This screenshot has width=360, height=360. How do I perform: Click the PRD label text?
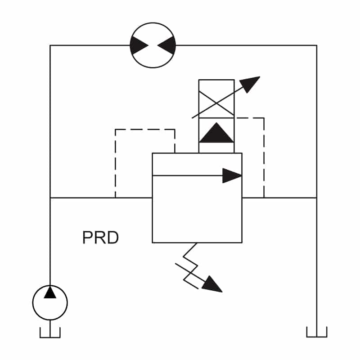point(100,238)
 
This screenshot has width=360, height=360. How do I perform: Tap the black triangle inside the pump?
point(50,292)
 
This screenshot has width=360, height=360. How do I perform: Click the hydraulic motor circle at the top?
point(153,23)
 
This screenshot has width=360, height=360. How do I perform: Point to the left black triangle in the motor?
point(139,45)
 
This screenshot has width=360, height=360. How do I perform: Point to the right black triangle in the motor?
point(166,45)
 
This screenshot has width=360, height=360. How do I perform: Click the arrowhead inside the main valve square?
point(232,175)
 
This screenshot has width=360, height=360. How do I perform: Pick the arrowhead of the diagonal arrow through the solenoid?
point(250,84)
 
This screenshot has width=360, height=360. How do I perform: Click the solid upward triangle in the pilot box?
point(216,132)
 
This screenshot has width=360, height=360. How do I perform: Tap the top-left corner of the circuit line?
point(50,45)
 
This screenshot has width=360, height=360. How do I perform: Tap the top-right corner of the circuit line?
point(317,45)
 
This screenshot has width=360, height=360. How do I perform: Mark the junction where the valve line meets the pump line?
point(50,198)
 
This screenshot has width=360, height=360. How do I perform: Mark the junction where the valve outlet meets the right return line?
point(317,198)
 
